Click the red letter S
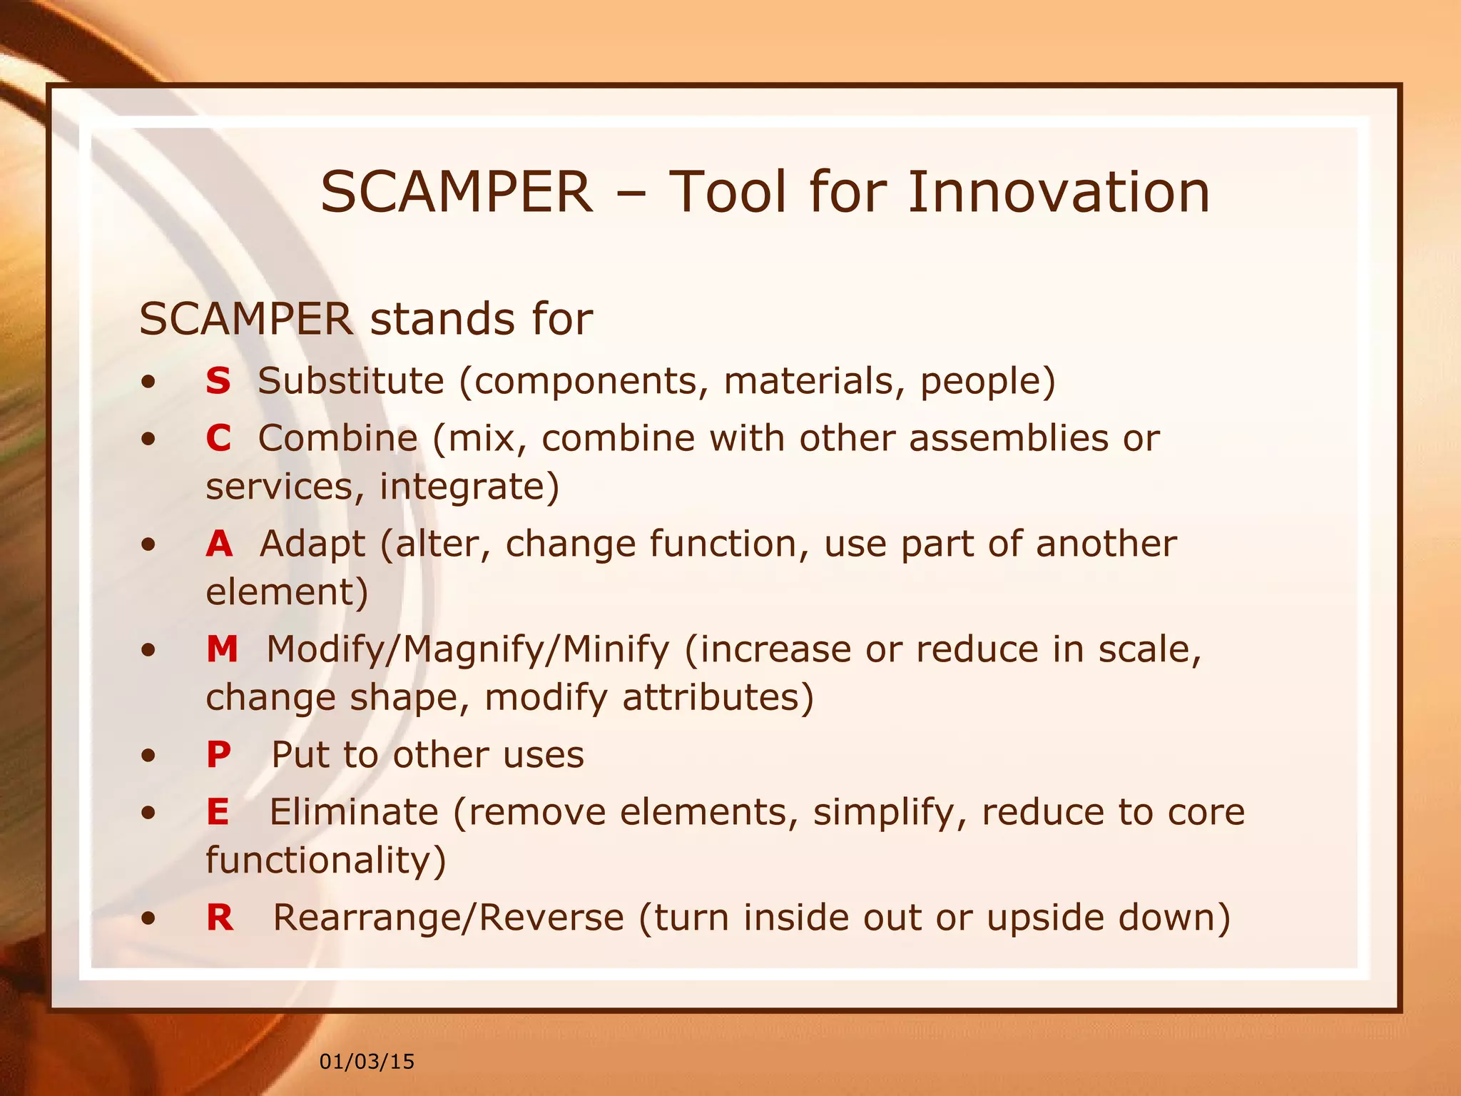[218, 380]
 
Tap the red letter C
[218, 438]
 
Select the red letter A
[219, 544]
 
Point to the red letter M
[222, 649]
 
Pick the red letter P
[218, 755]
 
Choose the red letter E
[218, 812]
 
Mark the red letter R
[220, 918]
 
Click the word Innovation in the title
[1059, 193]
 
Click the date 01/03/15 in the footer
[367, 1062]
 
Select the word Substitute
[351, 380]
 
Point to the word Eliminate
[354, 812]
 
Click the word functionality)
[326, 861]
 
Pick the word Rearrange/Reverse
[448, 918]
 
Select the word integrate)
[469, 487]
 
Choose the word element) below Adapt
[287, 592]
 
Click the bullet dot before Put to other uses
[148, 756]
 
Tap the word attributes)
[718, 698]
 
